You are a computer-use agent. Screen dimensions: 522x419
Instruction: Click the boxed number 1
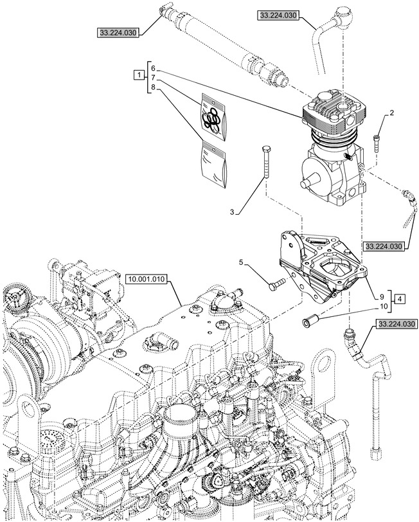(138, 76)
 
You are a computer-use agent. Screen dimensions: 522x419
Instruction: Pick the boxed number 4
(400, 300)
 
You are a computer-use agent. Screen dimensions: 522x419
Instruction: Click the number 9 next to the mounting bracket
(382, 296)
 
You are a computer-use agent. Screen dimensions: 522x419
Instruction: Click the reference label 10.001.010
(147, 279)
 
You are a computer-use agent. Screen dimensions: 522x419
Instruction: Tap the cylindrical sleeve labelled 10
(311, 319)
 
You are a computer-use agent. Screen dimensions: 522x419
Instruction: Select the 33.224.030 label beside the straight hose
(119, 32)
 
